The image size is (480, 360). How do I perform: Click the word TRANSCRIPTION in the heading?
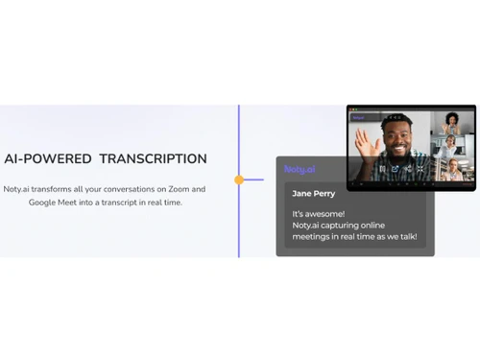(156, 159)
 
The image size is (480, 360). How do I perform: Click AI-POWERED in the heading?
(46, 159)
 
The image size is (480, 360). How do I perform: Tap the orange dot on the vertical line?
(239, 180)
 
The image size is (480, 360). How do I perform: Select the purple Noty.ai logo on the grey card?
(300, 169)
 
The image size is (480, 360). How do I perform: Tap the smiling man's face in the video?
(397, 137)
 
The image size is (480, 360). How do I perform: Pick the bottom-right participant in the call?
(451, 168)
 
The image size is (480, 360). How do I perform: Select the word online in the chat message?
(395, 226)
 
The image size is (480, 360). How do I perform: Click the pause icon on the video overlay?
(382, 170)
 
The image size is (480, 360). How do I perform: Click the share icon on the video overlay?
(395, 170)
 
